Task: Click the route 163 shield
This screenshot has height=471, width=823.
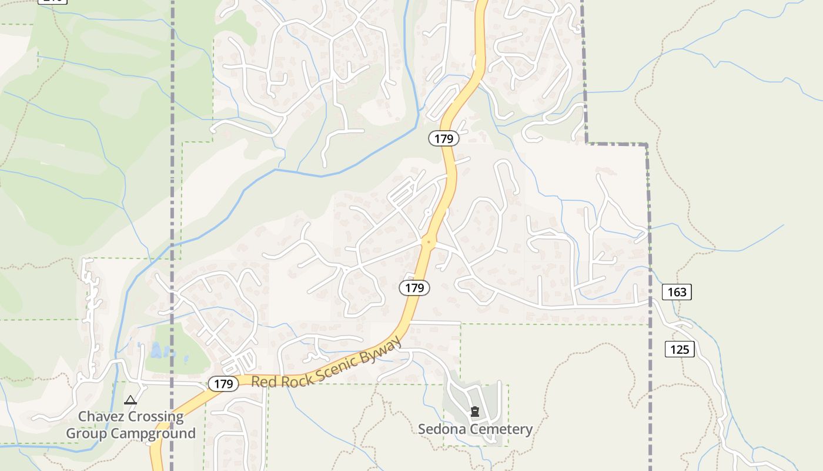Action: click(677, 291)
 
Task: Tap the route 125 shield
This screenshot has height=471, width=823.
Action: click(680, 349)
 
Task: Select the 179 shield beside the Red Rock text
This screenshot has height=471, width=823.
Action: click(223, 384)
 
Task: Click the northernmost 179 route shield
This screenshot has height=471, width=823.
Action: click(443, 138)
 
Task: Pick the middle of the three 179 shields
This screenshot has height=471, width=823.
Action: click(414, 288)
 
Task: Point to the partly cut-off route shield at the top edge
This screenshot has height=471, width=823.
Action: click(52, 1)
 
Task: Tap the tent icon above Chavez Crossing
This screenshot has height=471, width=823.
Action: click(131, 400)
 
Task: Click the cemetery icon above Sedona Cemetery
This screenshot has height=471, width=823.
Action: click(475, 412)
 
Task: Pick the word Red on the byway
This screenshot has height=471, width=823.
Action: click(263, 382)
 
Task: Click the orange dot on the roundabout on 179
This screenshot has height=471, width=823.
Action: click(429, 241)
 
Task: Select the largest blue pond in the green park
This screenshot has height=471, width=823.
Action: click(156, 351)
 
